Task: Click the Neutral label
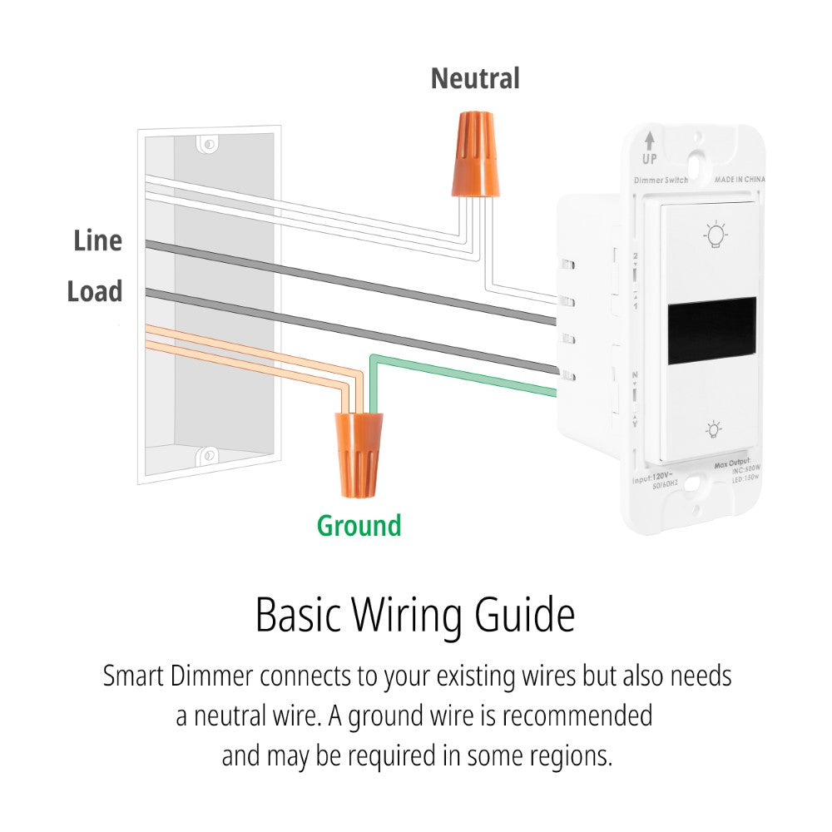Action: (x=475, y=79)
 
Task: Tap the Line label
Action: (x=97, y=241)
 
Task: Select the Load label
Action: (x=95, y=292)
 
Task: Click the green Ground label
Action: (x=359, y=526)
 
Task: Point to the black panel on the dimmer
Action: (x=712, y=329)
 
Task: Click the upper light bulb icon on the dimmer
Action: (x=713, y=235)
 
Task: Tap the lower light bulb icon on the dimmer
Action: (x=713, y=429)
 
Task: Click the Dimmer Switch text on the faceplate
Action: (x=661, y=181)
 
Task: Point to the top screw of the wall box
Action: (x=209, y=145)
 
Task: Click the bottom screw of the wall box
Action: (x=207, y=455)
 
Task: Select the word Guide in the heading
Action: (x=524, y=617)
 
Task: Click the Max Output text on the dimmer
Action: (x=732, y=462)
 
